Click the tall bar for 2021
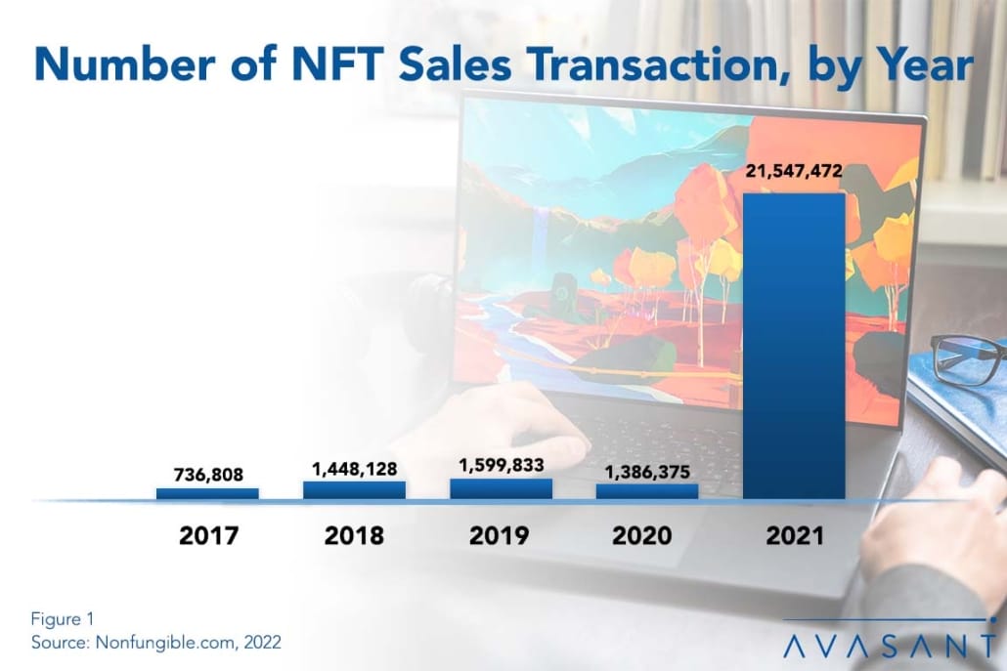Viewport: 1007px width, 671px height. [x=794, y=346]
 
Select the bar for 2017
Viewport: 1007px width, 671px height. [x=207, y=494]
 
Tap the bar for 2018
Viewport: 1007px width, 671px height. [x=354, y=490]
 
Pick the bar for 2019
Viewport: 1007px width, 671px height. [x=501, y=489]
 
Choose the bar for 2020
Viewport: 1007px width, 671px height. [x=647, y=491]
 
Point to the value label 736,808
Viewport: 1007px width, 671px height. [x=207, y=475]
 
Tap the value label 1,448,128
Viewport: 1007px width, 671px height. [x=354, y=468]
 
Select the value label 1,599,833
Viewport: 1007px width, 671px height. [x=501, y=466]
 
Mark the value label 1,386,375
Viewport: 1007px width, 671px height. [x=647, y=472]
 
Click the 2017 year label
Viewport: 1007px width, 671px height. [x=207, y=535]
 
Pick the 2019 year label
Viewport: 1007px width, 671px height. [x=501, y=535]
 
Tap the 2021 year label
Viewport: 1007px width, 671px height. [x=794, y=535]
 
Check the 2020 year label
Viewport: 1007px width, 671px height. [x=647, y=535]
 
